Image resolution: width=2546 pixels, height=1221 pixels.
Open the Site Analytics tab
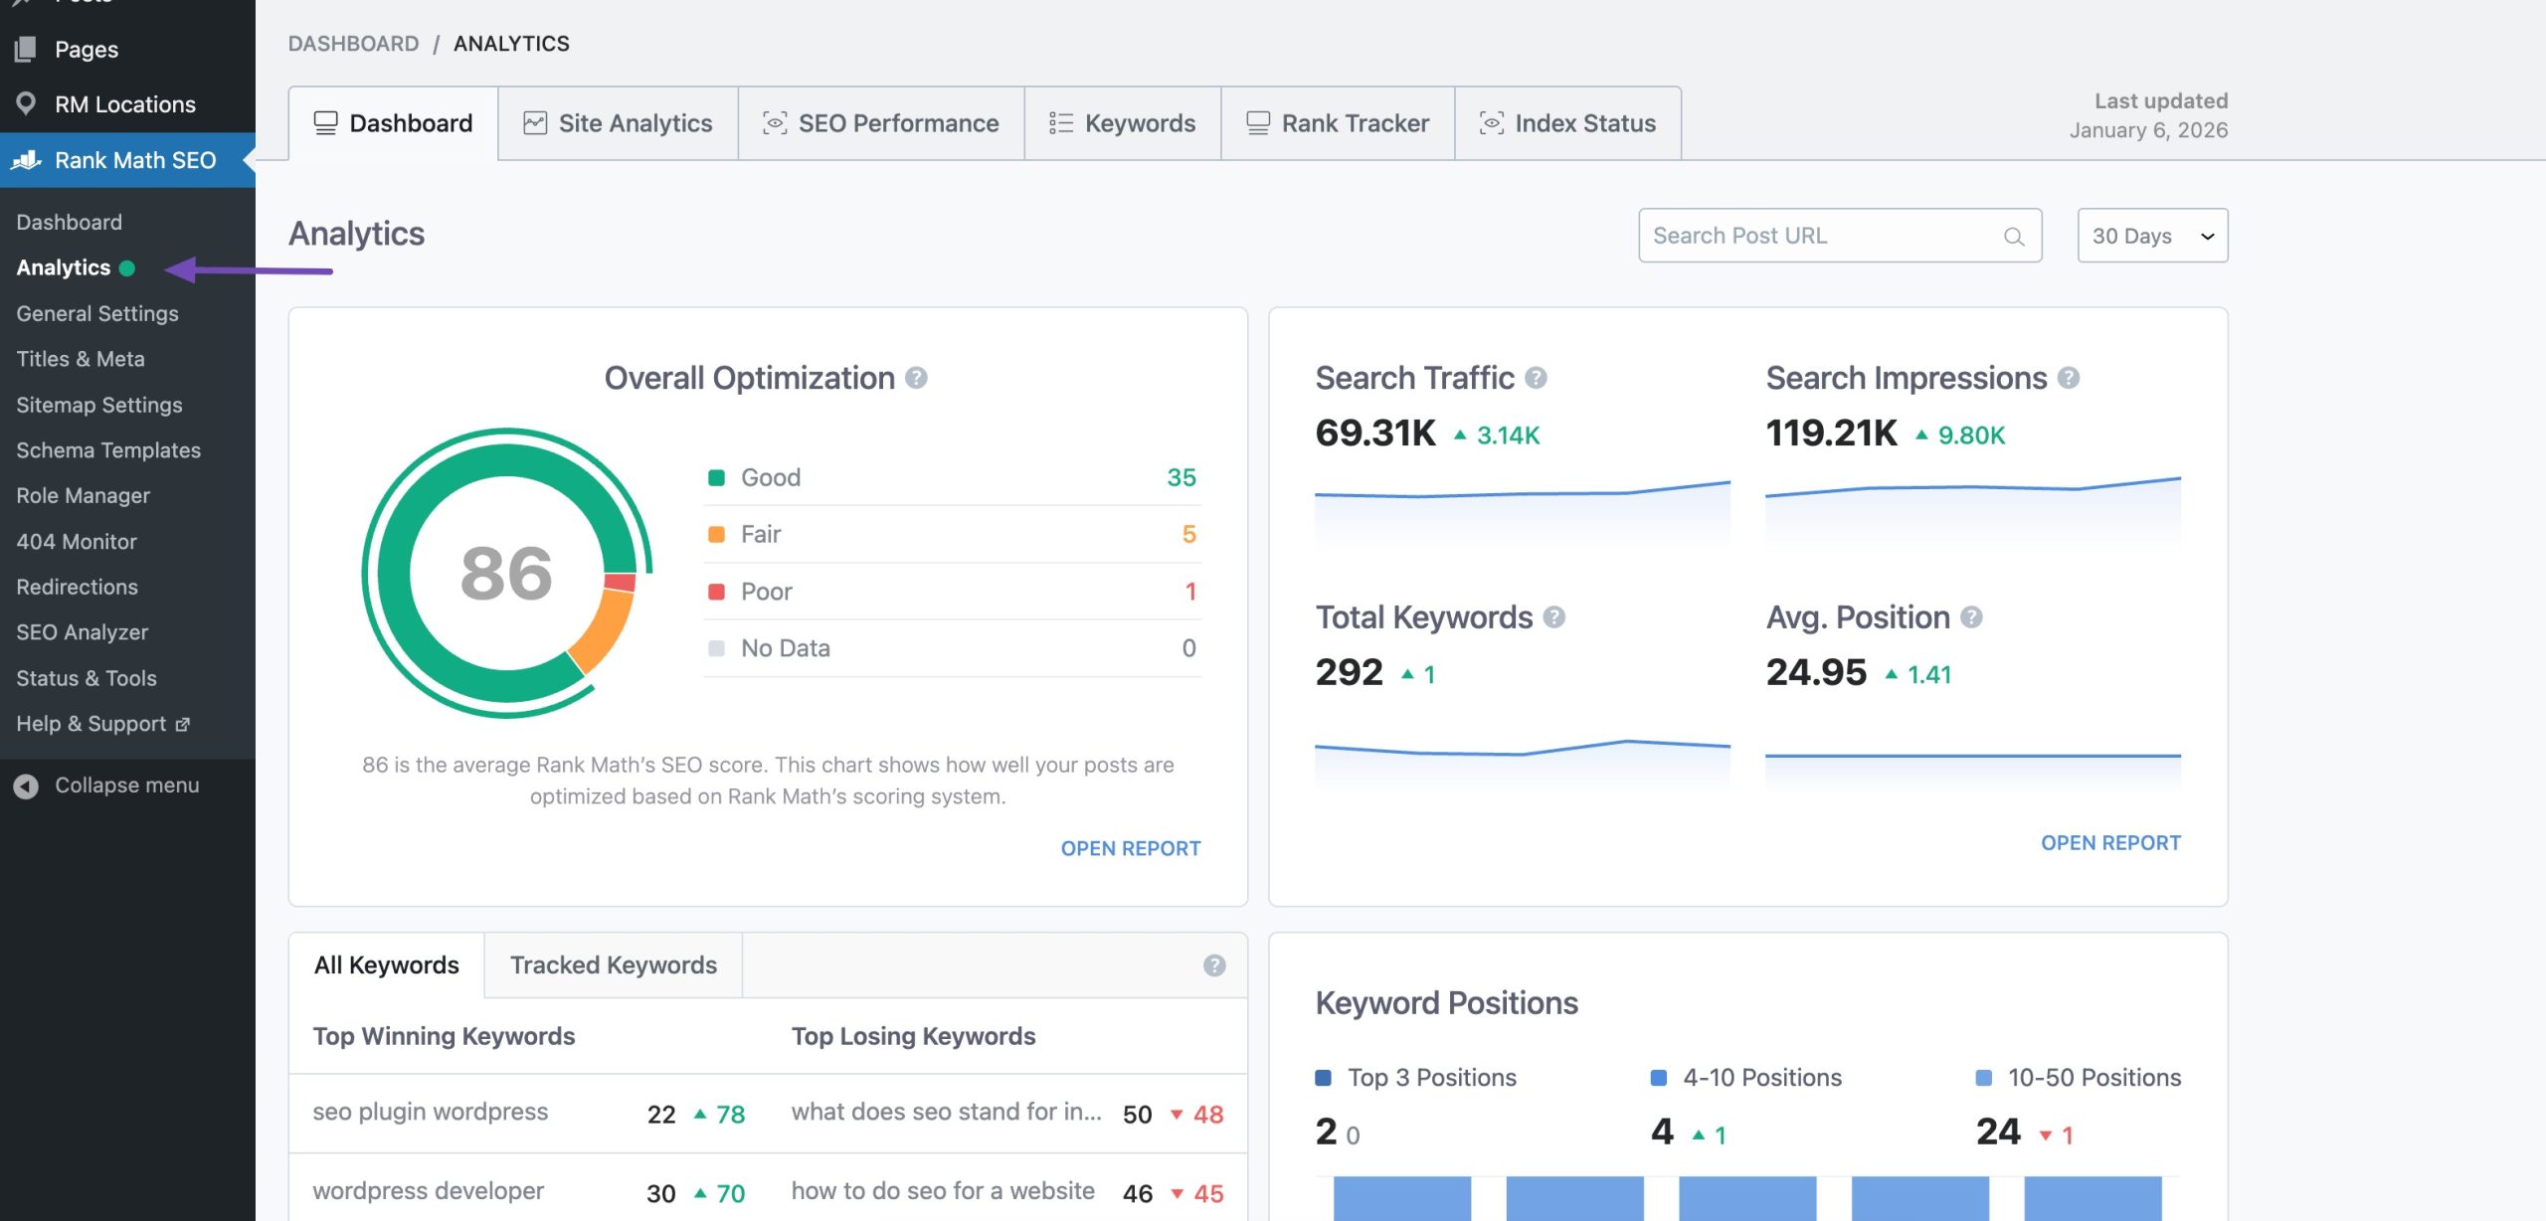click(x=618, y=123)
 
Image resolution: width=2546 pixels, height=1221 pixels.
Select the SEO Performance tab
click(x=881, y=123)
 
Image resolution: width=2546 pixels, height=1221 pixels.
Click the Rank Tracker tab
click(x=1338, y=123)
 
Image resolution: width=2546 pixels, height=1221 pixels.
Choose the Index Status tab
click(x=1568, y=123)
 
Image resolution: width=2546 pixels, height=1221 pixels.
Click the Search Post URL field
click(x=1825, y=236)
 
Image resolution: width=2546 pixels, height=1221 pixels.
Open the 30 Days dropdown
click(x=2152, y=236)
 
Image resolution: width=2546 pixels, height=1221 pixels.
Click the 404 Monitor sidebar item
click(x=77, y=542)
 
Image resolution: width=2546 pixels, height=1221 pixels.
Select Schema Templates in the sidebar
click(x=108, y=450)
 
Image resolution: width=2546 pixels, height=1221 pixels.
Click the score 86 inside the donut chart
click(x=506, y=574)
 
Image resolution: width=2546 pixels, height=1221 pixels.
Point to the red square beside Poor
click(x=716, y=592)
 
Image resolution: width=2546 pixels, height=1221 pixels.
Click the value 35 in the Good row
click(x=1181, y=477)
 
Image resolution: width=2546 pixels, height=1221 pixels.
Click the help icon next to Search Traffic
click(x=1536, y=378)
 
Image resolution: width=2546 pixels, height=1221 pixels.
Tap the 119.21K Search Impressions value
click(x=1831, y=434)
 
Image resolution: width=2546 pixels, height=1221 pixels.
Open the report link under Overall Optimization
click(x=1130, y=848)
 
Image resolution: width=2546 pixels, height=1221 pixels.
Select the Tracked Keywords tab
click(x=613, y=965)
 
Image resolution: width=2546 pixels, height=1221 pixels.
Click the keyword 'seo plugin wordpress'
click(x=430, y=1112)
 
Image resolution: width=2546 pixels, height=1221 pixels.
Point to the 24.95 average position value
click(x=1816, y=673)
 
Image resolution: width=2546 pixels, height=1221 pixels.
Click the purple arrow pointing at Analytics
click(x=248, y=269)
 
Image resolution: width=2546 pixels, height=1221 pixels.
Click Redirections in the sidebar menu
click(x=77, y=587)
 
